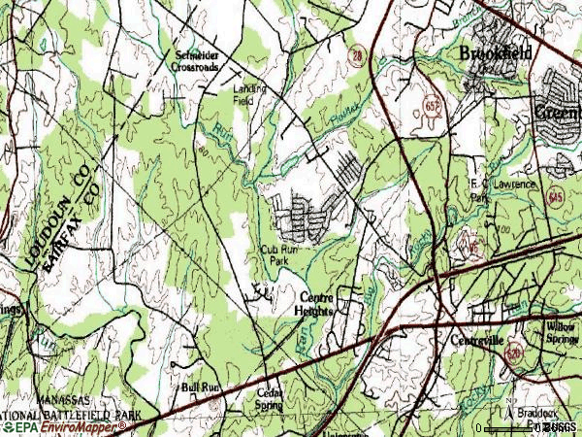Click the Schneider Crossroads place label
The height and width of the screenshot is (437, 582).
pyautogui.click(x=204, y=60)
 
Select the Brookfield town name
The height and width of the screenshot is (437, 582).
pyautogui.click(x=495, y=53)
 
